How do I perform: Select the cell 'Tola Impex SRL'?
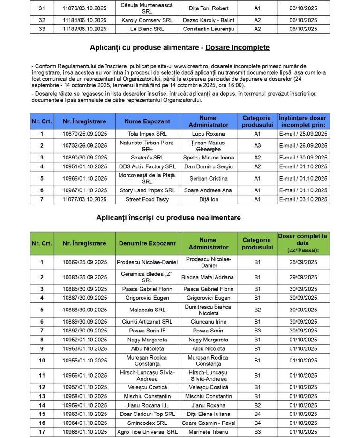pos(147,134)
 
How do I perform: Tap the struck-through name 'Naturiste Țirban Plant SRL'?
pos(147,145)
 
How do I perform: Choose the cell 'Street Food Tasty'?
pos(147,199)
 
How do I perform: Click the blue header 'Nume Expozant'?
pos(147,121)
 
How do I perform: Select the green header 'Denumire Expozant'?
pos(147,243)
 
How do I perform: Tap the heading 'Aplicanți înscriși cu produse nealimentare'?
pos(168,218)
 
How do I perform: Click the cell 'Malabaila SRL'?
pos(147,310)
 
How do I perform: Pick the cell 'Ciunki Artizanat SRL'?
pos(147,322)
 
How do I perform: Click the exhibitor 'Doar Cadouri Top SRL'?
pos(147,414)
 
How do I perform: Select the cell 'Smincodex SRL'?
pos(147,423)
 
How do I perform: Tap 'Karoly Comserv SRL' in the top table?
pos(147,20)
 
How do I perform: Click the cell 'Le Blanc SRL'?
pos(147,29)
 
